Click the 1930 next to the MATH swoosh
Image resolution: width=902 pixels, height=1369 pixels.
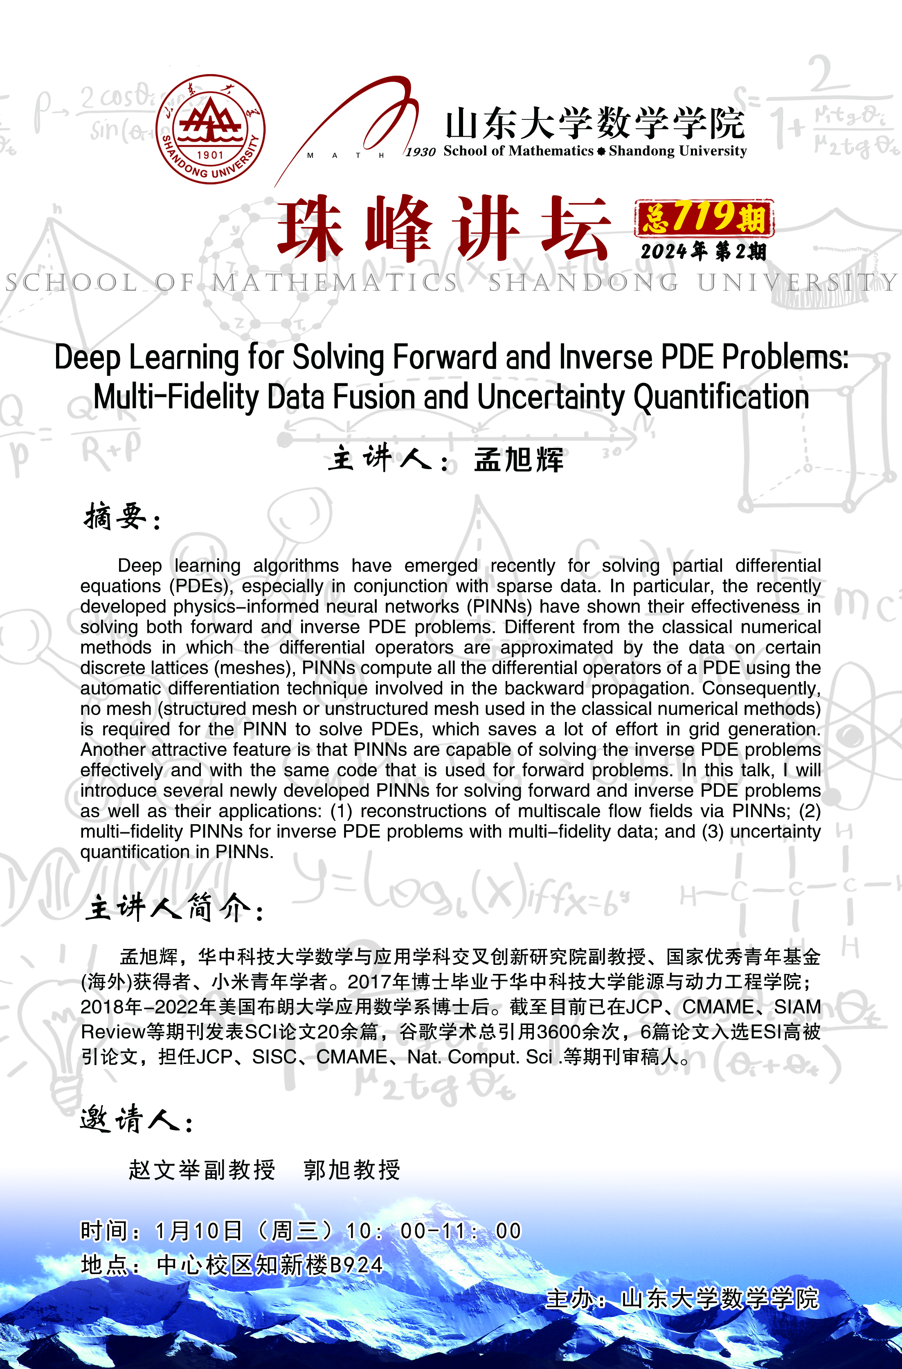click(421, 152)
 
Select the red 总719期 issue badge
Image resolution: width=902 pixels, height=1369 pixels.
click(704, 218)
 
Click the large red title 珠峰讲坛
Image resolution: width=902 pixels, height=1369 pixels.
click(443, 229)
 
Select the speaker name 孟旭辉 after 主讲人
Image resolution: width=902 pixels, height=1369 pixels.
click(518, 460)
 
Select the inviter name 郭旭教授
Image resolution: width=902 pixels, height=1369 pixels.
click(351, 1170)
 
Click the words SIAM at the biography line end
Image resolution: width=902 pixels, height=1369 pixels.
click(797, 1007)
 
